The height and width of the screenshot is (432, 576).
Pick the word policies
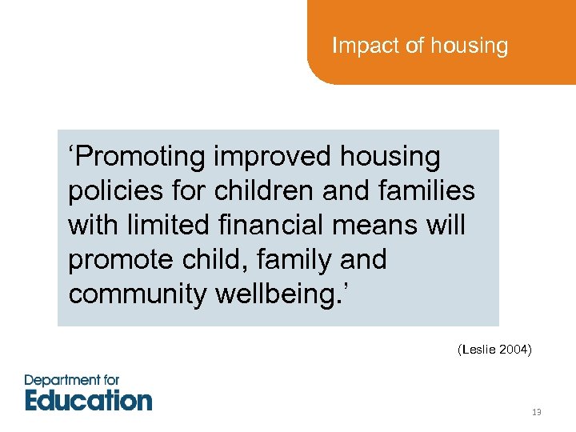coord(114,191)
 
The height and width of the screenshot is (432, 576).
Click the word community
coord(138,294)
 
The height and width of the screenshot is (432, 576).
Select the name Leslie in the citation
coord(479,350)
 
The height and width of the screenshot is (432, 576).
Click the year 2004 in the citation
coord(514,350)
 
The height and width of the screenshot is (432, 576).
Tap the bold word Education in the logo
coord(88,399)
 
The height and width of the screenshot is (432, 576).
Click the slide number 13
coord(536,412)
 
